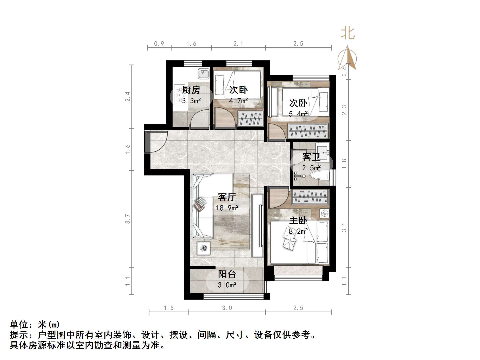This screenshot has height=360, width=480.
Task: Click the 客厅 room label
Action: pos(227,197)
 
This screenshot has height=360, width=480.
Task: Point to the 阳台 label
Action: pos(227,274)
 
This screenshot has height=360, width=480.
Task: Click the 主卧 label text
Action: pos(298,221)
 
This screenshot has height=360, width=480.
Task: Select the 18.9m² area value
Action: pos(227,208)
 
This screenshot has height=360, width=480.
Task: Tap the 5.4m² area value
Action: pos(298,114)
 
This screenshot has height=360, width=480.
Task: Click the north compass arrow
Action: pos(347,59)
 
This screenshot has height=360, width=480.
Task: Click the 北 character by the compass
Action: pos(348,34)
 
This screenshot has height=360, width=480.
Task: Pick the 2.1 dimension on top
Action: pos(238,44)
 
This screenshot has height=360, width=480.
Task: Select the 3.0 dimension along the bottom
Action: pos(227,308)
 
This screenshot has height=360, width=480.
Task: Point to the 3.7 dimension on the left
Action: pos(128,219)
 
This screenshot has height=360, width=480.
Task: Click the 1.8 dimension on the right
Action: pos(344,164)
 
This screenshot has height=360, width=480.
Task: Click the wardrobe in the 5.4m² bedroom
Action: pos(308,131)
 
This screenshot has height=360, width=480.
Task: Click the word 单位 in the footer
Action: pos(19,325)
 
